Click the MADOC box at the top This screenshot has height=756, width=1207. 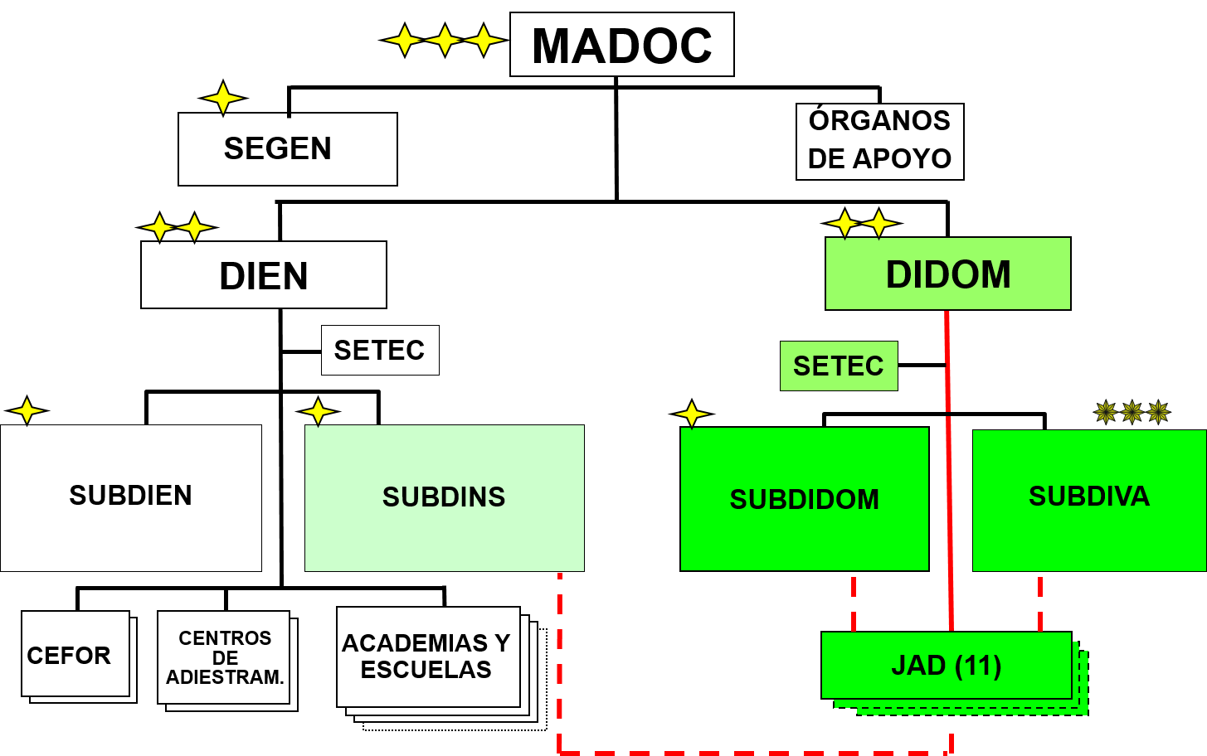[621, 45]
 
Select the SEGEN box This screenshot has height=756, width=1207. [287, 149]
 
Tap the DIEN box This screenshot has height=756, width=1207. [263, 275]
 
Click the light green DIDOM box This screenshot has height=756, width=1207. [947, 274]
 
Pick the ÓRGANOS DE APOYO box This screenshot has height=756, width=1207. [879, 141]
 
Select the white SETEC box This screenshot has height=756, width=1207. [380, 350]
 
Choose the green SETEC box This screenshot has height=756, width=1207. [839, 366]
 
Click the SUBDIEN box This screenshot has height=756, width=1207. [131, 497]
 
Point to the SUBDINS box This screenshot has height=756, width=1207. [444, 497]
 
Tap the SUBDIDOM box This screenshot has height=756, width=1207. [804, 499]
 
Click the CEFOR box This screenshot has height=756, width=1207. [75, 654]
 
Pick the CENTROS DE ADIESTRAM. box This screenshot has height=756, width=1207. [224, 657]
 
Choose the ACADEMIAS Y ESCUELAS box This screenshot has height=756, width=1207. [428, 657]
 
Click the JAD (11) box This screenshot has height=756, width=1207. [946, 665]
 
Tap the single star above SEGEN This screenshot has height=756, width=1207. [223, 99]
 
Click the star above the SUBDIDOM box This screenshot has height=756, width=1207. [691, 414]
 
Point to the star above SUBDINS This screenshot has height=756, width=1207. [318, 412]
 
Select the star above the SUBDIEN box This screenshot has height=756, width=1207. [27, 411]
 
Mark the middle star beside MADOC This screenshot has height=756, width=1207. [443, 40]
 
